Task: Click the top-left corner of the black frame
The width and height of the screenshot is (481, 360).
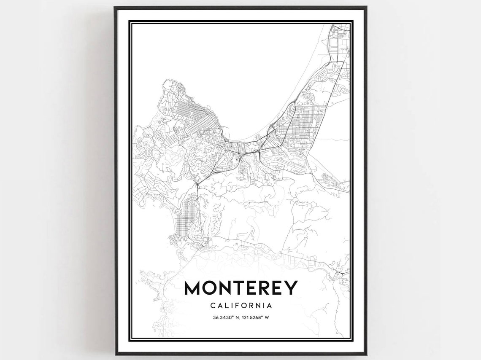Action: (115, 7)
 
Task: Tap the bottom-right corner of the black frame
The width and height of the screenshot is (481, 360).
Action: (366, 354)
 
